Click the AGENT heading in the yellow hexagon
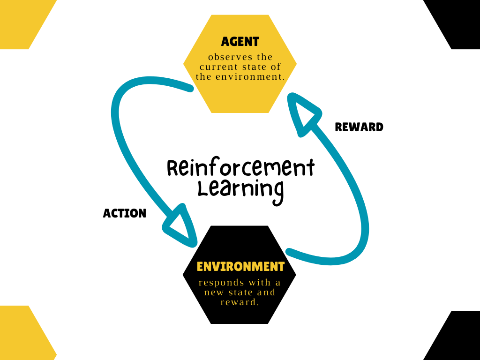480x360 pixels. tap(240, 42)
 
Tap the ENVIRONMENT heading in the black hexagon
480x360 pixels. tap(240, 267)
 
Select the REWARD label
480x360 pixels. tap(359, 127)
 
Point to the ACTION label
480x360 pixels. tap(125, 214)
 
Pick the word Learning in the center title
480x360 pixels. tap(240, 189)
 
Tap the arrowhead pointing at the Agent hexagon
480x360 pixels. tap(303, 112)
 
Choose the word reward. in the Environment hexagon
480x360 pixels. tap(240, 302)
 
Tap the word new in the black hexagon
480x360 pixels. tap(214, 292)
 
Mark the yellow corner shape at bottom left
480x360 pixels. tap(21, 335)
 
